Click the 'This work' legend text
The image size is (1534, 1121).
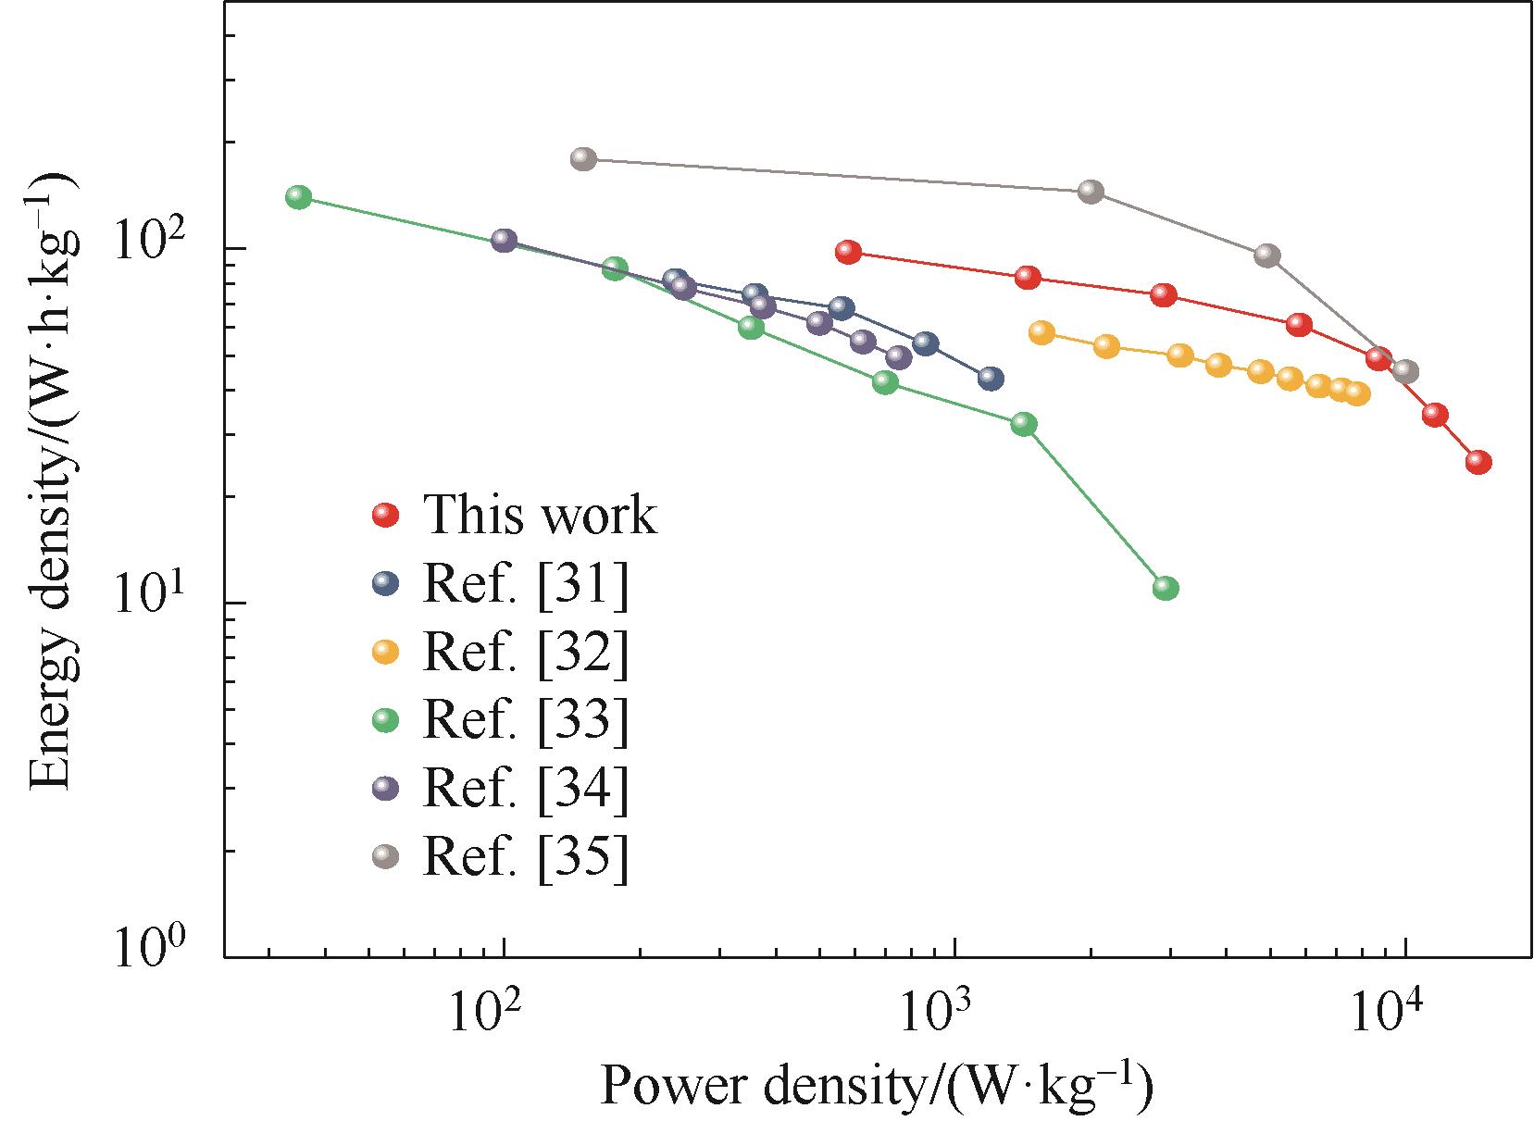540,516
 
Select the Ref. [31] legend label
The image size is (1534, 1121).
525,584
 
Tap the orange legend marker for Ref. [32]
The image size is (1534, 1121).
385,653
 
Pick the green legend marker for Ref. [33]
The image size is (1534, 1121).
385,720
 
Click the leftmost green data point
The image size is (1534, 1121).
298,197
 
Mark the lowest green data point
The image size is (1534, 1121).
1166,588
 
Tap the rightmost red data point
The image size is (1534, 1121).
1478,463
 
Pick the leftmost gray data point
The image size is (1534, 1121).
582,158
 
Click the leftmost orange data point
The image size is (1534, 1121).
1041,333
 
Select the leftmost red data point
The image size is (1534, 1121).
848,252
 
